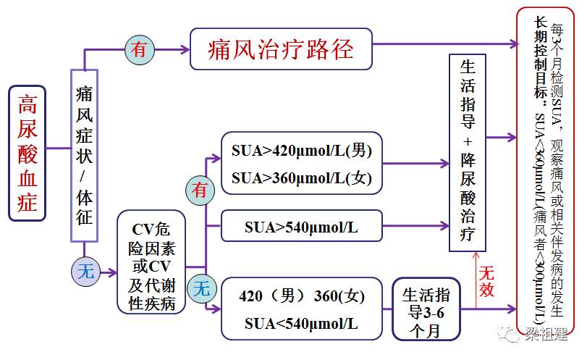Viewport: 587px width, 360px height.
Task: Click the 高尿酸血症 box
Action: (27, 152)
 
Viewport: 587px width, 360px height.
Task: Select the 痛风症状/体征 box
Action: (84, 154)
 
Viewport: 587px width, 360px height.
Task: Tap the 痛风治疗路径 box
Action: (281, 49)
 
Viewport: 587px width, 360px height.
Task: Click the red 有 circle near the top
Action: (139, 49)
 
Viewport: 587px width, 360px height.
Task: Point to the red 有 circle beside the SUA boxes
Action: (199, 190)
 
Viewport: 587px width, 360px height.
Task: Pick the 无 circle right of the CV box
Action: (200, 289)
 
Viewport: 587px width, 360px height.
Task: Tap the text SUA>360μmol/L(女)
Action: (300, 177)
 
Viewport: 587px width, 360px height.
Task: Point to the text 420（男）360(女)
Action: (302, 296)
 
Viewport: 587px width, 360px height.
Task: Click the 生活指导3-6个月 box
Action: (426, 309)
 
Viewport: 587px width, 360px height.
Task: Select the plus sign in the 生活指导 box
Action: (468, 141)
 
